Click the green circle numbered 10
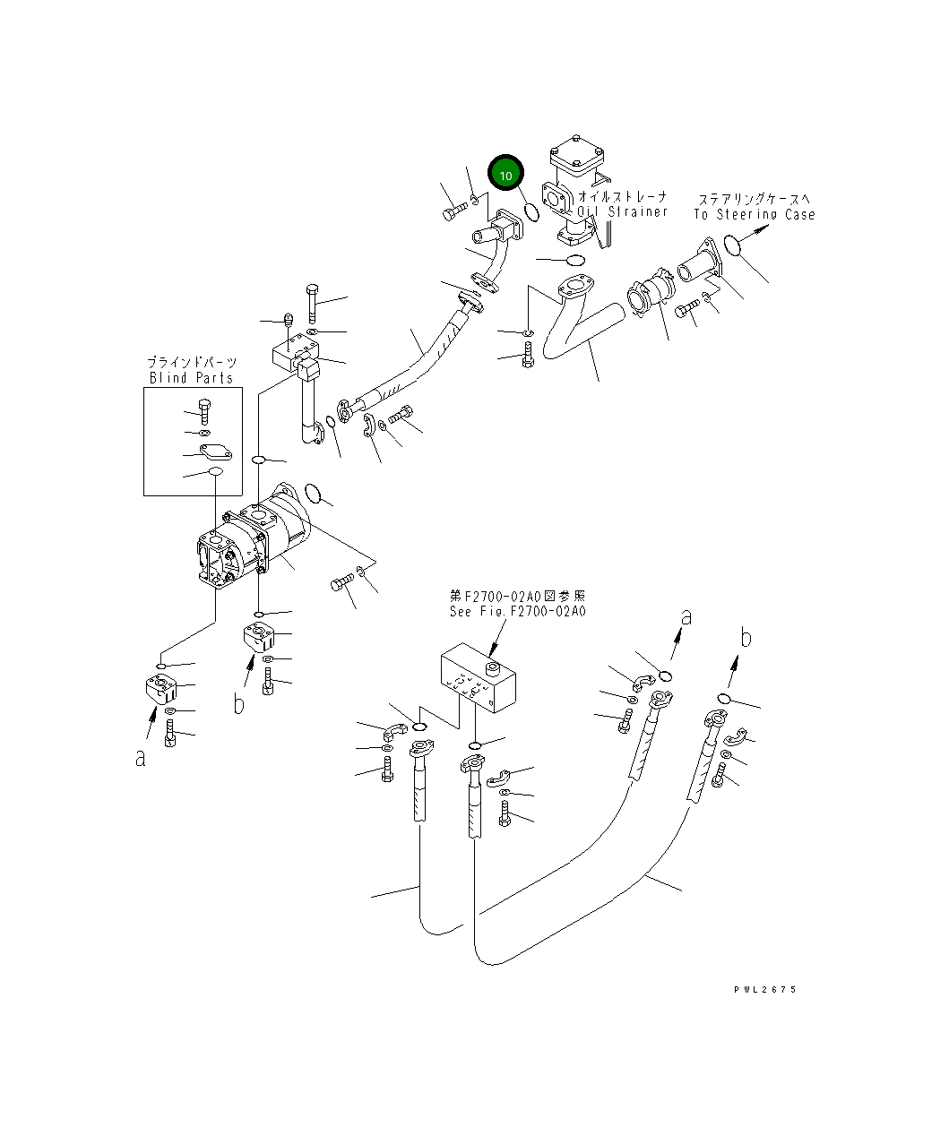505,175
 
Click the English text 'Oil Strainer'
622,212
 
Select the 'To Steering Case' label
754,215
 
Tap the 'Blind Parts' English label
191,378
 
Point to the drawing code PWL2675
764,990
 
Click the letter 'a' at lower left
140,758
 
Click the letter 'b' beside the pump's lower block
238,704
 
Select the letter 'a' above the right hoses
686,616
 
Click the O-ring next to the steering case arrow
730,244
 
